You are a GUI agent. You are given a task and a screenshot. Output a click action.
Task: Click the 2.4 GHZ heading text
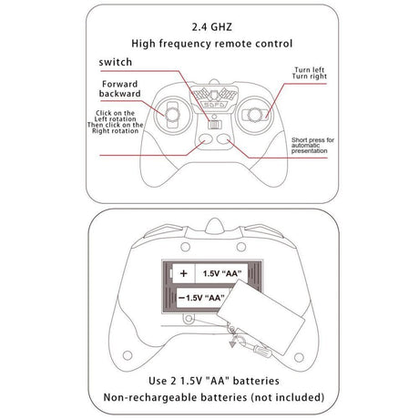212,27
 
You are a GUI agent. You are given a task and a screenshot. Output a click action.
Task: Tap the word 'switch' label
116,62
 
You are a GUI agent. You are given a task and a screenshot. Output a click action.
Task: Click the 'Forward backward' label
120,88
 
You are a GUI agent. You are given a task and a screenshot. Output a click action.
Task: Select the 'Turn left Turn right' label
310,73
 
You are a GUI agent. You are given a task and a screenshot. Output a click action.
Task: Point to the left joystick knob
172,115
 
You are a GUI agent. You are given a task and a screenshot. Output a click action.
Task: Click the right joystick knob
254,115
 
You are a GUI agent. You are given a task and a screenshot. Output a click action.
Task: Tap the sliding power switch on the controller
215,125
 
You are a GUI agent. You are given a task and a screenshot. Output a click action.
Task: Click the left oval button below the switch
205,138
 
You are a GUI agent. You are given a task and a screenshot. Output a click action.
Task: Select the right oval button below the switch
224,138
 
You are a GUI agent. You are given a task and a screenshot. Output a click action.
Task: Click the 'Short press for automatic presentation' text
312,146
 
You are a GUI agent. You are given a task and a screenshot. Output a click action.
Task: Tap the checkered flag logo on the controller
215,96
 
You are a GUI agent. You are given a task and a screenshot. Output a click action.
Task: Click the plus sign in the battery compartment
183,273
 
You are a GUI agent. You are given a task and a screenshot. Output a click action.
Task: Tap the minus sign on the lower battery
181,298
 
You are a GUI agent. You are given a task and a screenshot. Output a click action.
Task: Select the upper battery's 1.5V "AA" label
222,273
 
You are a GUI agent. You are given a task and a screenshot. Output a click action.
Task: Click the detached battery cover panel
261,317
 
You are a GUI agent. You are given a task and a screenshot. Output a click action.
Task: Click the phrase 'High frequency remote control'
212,44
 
